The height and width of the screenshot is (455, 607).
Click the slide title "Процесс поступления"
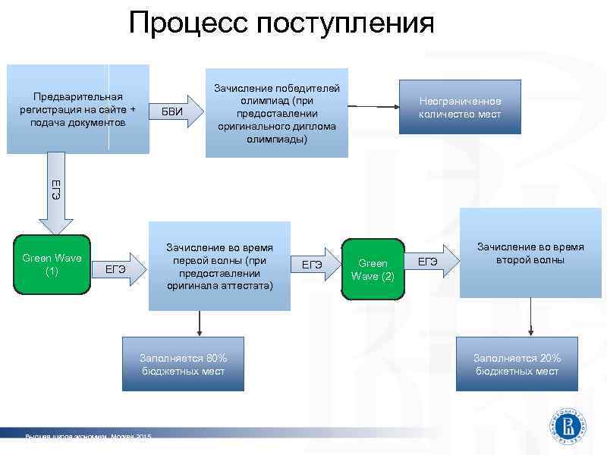pos(281,23)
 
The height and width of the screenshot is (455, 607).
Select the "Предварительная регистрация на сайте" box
pos(77,109)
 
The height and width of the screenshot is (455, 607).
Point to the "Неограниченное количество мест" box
pos(460,107)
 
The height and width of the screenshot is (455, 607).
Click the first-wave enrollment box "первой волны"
pos(219,266)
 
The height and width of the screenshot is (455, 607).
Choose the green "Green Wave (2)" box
pos(372,269)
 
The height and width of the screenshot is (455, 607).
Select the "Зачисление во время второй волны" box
pos(530,253)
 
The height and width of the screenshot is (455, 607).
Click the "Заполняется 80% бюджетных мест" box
pos(183,365)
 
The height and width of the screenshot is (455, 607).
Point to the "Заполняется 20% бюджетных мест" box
pos(517,365)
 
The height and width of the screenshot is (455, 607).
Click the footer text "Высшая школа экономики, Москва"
pos(87,437)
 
